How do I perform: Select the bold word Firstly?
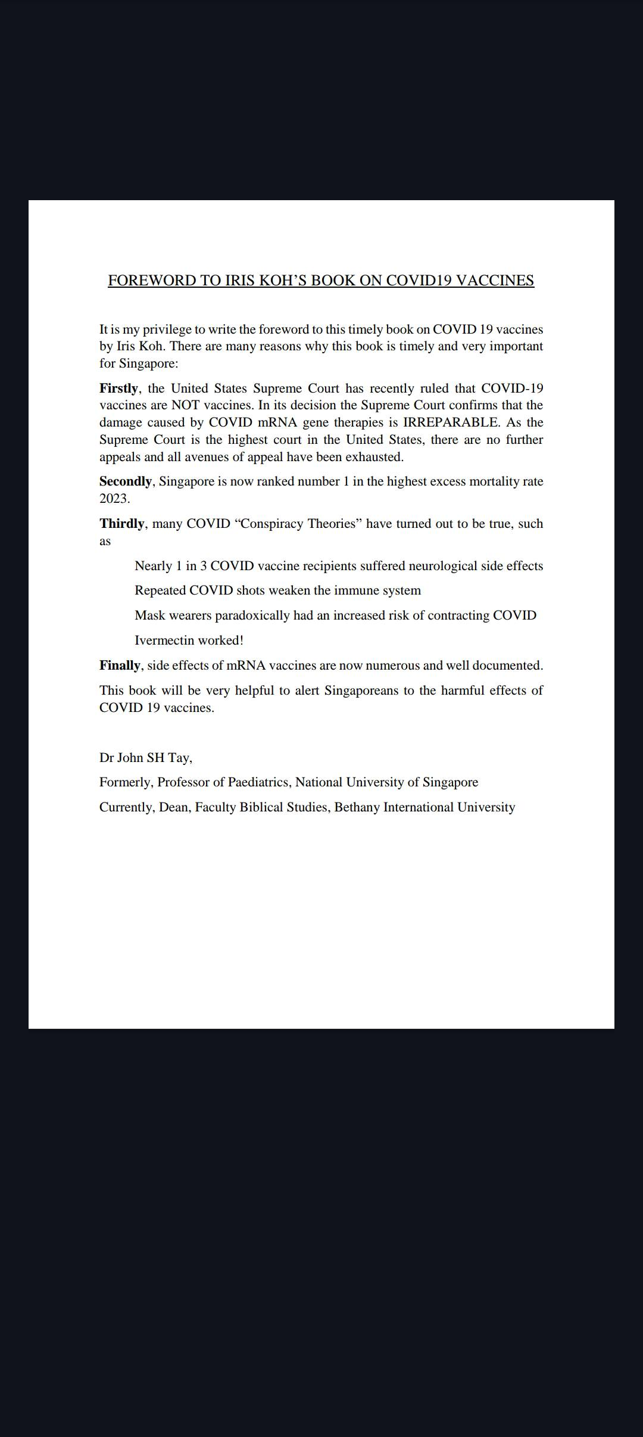(118, 388)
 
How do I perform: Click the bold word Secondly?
(125, 481)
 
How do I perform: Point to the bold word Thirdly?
(121, 524)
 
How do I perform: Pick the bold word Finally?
(120, 665)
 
